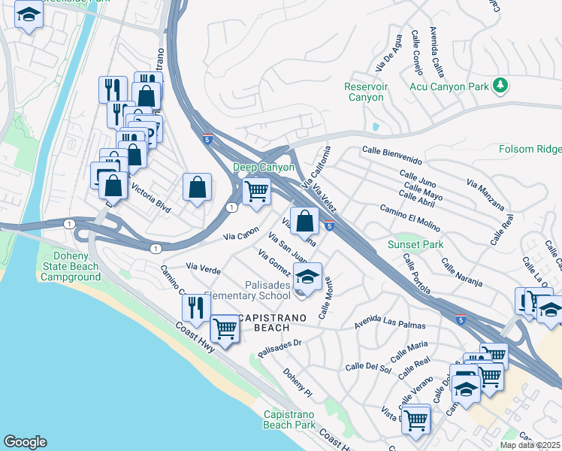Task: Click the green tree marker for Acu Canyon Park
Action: coord(500,86)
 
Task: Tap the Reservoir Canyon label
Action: coord(366,92)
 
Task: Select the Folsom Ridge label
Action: coord(530,150)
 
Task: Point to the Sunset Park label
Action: coord(415,244)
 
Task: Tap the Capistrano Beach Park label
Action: coord(289,419)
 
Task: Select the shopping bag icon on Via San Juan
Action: coord(304,222)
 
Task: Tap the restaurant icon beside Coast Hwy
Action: coord(195,307)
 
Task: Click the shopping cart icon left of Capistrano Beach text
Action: coord(225,328)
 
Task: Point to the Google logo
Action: coord(25,442)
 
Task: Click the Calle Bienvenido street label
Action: coord(391,155)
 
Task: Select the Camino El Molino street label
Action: coord(409,213)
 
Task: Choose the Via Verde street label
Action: coord(203,267)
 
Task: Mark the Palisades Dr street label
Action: coord(279,348)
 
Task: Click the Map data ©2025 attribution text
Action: coord(529,445)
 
